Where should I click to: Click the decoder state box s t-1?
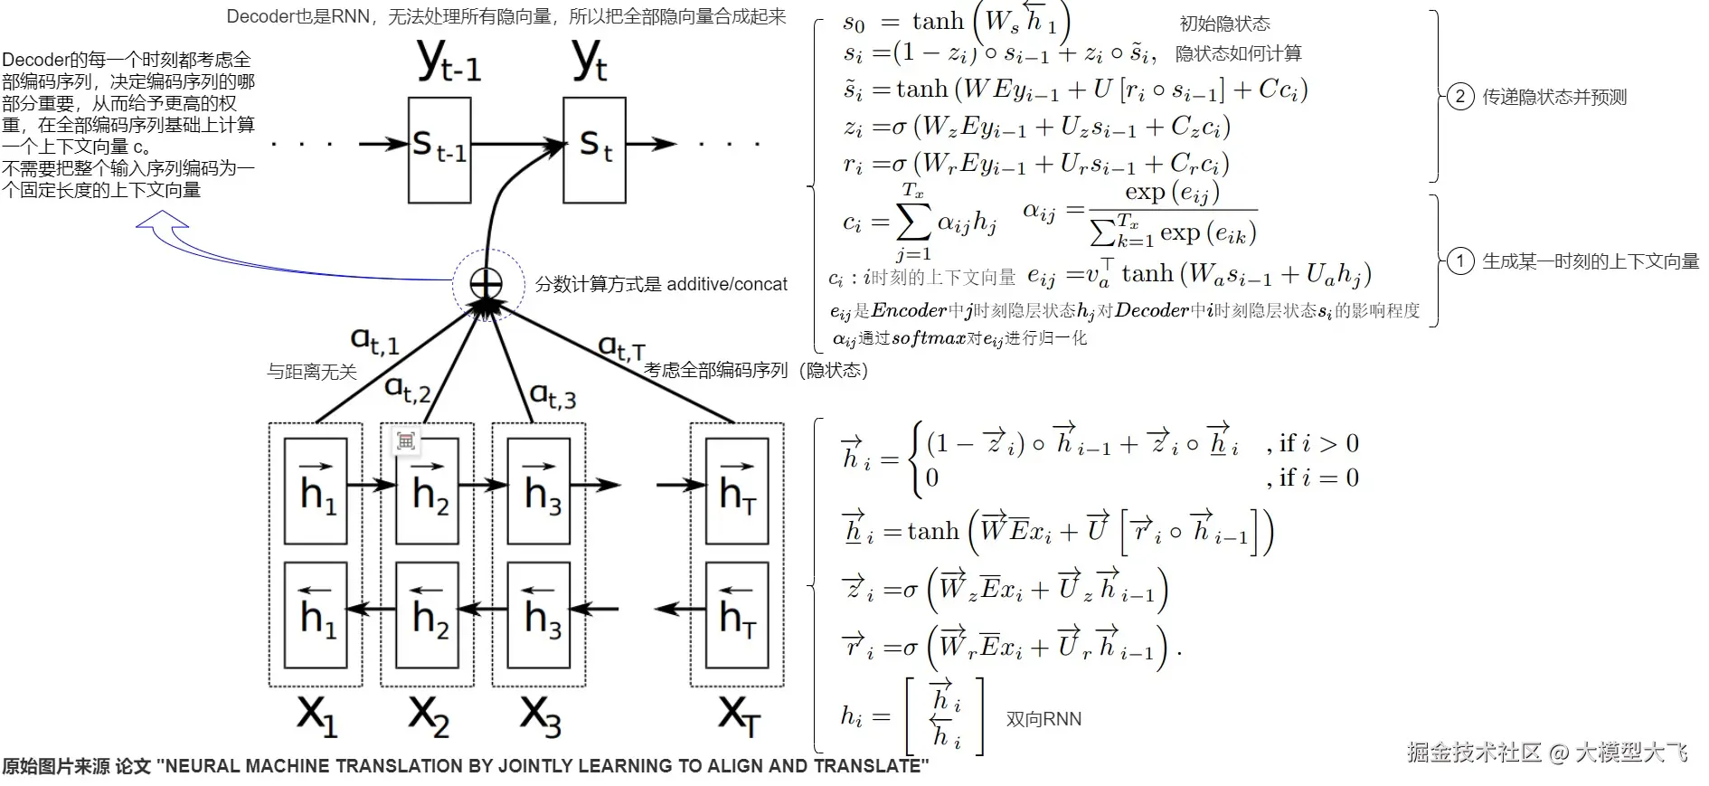pos(439,150)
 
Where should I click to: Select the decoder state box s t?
pos(594,150)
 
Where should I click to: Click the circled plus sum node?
pos(486,284)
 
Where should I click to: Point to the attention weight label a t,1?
pos(374,341)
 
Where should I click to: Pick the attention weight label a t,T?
pos(622,347)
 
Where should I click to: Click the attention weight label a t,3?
pos(552,394)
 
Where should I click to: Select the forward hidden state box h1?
pos(316,491)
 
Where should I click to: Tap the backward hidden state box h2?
pos(428,615)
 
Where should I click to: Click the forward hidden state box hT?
pos(736,491)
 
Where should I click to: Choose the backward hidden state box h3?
pos(539,615)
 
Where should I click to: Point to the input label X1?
pos(316,715)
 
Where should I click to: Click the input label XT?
pos(739,715)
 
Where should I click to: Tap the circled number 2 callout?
pos(1460,97)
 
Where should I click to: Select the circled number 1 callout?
pos(1460,262)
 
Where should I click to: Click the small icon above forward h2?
pos(405,440)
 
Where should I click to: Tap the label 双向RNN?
pos(1043,719)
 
